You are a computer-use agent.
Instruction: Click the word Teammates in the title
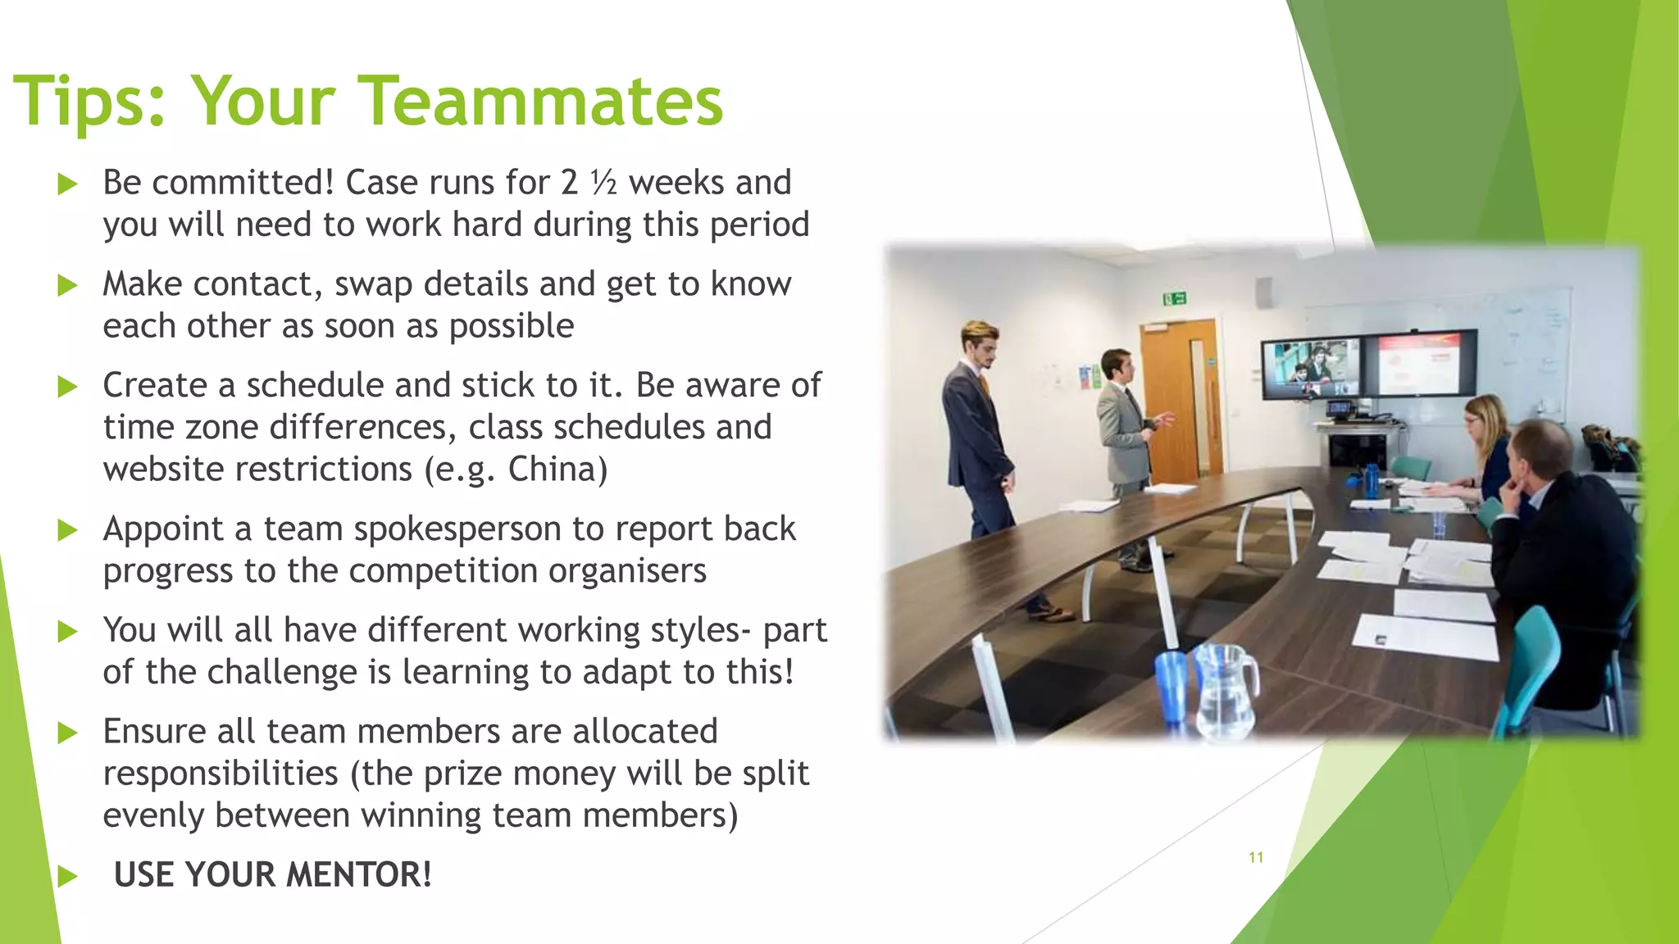coord(541,101)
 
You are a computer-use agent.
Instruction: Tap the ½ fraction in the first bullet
coord(603,183)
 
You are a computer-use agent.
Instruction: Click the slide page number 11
coord(1255,857)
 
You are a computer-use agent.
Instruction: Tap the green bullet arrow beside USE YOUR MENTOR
coord(68,876)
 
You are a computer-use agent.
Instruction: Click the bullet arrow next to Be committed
coord(68,184)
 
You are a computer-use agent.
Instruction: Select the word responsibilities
coord(221,774)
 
